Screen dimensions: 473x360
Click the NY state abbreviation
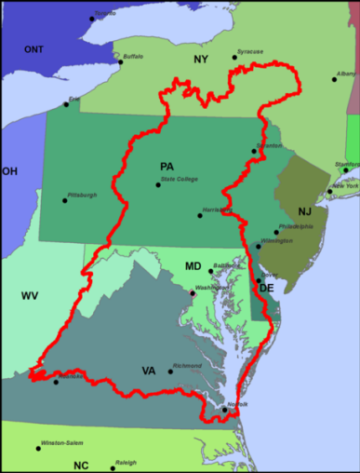click(201, 60)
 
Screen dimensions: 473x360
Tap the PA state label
click(167, 166)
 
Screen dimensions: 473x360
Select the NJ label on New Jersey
click(305, 212)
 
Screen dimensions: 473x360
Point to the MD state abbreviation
click(193, 266)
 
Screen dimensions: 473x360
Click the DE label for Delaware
click(266, 289)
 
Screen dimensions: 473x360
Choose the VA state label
click(148, 371)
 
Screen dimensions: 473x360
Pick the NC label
click(81, 465)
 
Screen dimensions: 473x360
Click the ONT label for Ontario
click(33, 49)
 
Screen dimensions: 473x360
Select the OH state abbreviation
click(9, 171)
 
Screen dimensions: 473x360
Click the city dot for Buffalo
click(119, 62)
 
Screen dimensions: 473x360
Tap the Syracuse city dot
click(234, 58)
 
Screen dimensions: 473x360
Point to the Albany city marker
click(335, 79)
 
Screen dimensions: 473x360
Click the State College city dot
click(158, 184)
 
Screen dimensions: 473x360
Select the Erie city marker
click(65, 104)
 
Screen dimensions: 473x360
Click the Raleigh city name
click(125, 463)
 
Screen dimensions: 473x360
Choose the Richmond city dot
click(170, 372)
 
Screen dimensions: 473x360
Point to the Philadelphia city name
click(296, 226)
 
